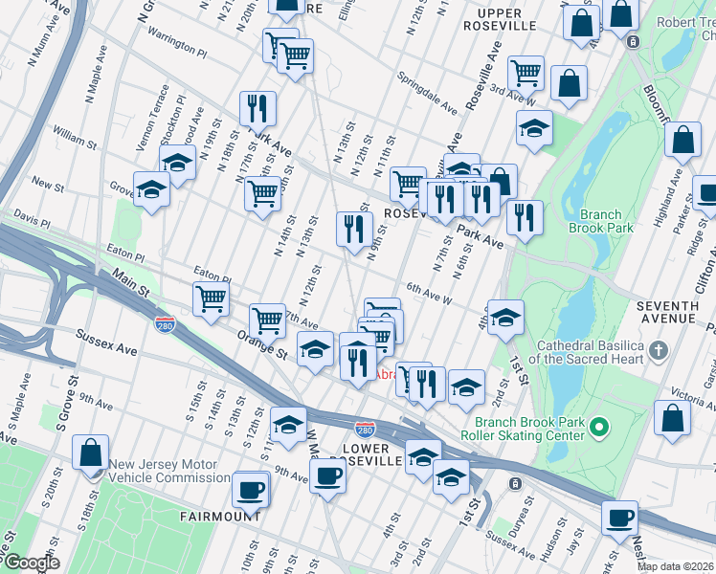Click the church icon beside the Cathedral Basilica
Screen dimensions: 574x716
pos(657,351)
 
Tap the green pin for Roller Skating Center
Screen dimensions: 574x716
pos(599,425)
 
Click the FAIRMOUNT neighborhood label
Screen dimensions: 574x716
pos(219,516)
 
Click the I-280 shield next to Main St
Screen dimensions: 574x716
pos(164,325)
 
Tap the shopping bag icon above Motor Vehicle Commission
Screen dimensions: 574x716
pos(91,452)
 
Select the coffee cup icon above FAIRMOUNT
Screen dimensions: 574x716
pos(251,490)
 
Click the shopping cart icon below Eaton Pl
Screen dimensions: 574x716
pos(211,298)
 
